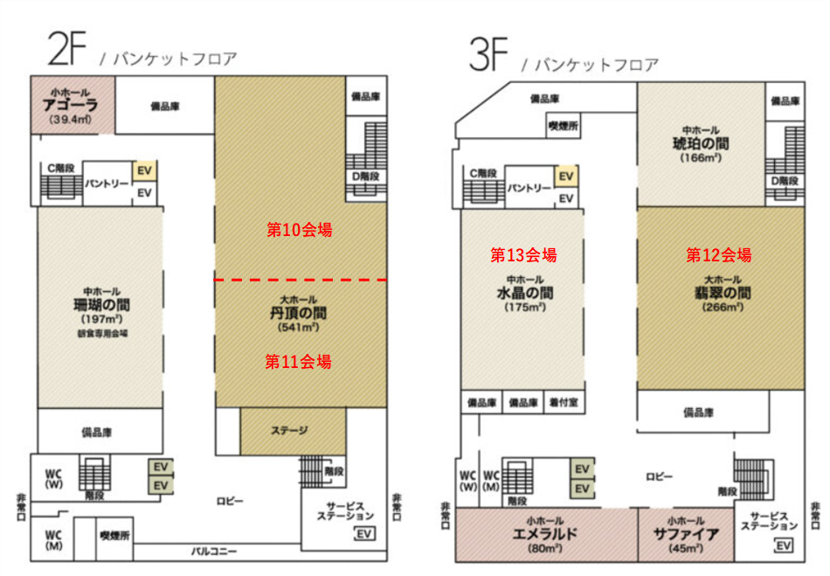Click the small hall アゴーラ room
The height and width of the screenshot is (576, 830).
pyautogui.click(x=73, y=105)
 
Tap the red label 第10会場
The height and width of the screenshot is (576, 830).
pyautogui.click(x=299, y=230)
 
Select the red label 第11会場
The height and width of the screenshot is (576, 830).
pyautogui.click(x=298, y=362)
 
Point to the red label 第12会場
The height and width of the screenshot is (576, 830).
pyautogui.click(x=718, y=255)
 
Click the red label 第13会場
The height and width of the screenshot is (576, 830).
pyautogui.click(x=523, y=255)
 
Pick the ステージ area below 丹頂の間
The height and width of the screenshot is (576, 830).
pyautogui.click(x=293, y=431)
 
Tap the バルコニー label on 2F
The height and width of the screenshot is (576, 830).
pyautogui.click(x=214, y=552)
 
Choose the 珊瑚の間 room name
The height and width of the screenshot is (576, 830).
pyautogui.click(x=101, y=304)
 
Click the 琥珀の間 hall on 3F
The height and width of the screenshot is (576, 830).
pyautogui.click(x=701, y=144)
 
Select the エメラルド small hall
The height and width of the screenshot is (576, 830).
pyautogui.click(x=546, y=535)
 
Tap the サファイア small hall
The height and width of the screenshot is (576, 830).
pyautogui.click(x=686, y=535)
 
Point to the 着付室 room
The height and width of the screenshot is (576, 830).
pyautogui.click(x=564, y=403)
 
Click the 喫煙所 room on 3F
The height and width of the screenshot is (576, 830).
pyautogui.click(x=564, y=126)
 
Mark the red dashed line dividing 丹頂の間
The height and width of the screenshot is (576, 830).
pyautogui.click(x=301, y=280)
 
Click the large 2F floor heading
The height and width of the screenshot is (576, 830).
pyautogui.click(x=66, y=49)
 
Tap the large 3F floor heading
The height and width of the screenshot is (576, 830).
pyautogui.click(x=488, y=54)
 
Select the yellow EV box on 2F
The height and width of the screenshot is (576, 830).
pyautogui.click(x=144, y=171)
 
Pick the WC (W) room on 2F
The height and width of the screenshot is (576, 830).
pyautogui.click(x=54, y=477)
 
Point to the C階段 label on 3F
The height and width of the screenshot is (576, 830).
pyautogui.click(x=483, y=173)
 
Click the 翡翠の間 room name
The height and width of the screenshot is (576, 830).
pyautogui.click(x=723, y=293)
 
